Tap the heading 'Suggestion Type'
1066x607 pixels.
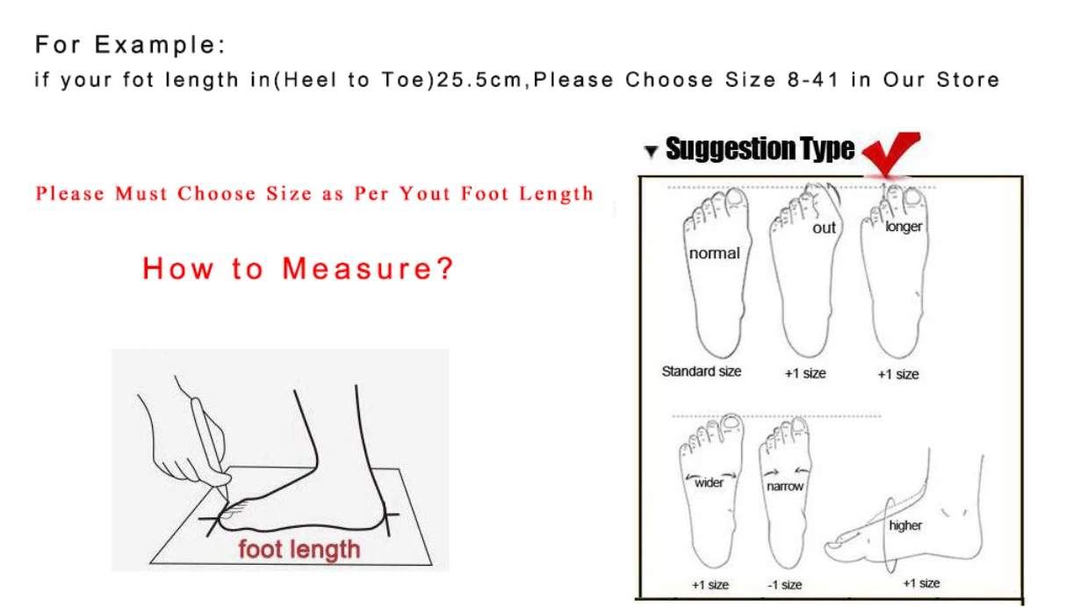(760, 149)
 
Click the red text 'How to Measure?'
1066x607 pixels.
(299, 268)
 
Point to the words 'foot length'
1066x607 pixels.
(299, 550)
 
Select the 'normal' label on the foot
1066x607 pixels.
(714, 253)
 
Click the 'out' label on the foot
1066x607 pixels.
(825, 228)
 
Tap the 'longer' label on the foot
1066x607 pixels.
(904, 227)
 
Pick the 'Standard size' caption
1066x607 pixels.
(701, 372)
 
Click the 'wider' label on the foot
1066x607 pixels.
(709, 482)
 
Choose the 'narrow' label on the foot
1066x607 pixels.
(785, 486)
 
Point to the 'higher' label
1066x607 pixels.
(905, 525)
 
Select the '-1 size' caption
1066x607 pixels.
(785, 585)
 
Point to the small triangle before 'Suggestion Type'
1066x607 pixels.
(651, 152)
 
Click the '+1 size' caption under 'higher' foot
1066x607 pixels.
(921, 583)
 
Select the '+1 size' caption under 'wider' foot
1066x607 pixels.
(710, 585)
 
